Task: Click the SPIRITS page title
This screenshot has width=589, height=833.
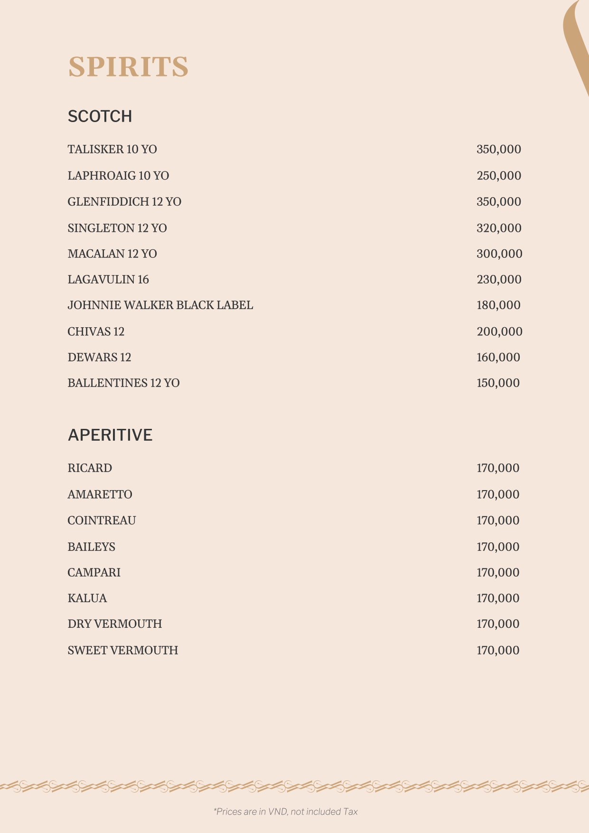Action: pyautogui.click(x=128, y=66)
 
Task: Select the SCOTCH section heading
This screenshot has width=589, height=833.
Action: pyautogui.click(x=100, y=116)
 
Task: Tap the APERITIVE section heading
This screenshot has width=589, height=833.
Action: pyautogui.click(x=110, y=435)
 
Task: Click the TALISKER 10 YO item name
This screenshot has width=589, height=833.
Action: pyautogui.click(x=112, y=150)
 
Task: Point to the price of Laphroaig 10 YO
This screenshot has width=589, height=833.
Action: pyautogui.click(x=499, y=176)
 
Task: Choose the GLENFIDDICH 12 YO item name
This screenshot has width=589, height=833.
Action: pyautogui.click(x=124, y=202)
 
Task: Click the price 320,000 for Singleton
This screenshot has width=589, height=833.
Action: pyautogui.click(x=499, y=228)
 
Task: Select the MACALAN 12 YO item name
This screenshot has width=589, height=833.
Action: pyautogui.click(x=112, y=254)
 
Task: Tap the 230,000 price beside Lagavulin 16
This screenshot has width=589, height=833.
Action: pyautogui.click(x=499, y=280)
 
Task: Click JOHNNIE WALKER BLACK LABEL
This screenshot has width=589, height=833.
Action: pyautogui.click(x=160, y=305)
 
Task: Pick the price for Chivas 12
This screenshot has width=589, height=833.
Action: pyautogui.click(x=499, y=331)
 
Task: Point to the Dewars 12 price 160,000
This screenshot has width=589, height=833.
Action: pyautogui.click(x=498, y=357)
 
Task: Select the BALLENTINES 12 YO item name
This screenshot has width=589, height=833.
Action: pyautogui.click(x=123, y=383)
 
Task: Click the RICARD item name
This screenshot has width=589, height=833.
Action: pyautogui.click(x=90, y=468)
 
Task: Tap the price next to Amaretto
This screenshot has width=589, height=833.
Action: pyautogui.click(x=498, y=494)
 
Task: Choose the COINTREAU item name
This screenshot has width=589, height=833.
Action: pyautogui.click(x=102, y=521)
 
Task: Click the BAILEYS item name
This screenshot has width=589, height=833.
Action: pyautogui.click(x=91, y=547)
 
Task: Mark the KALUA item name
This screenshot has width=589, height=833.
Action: pyautogui.click(x=87, y=598)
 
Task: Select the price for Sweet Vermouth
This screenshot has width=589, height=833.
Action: pyautogui.click(x=498, y=650)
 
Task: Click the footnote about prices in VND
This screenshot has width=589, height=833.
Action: pyautogui.click(x=285, y=812)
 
